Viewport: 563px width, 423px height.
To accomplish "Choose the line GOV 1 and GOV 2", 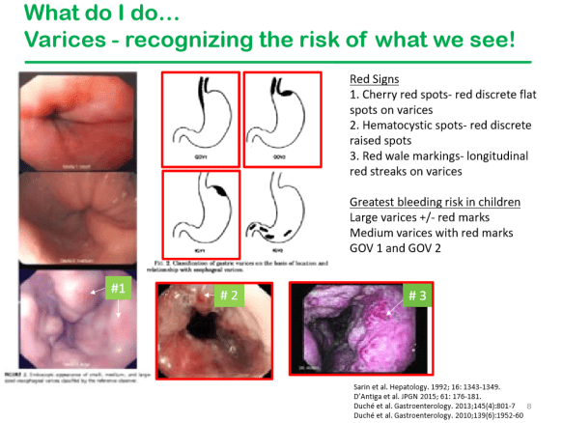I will pyautogui.click(x=392, y=246).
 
